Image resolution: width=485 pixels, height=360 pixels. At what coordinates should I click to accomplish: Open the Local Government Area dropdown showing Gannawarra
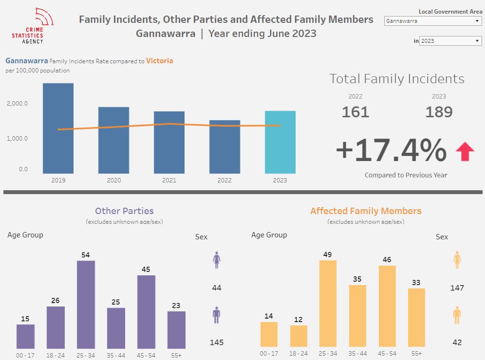click(432, 21)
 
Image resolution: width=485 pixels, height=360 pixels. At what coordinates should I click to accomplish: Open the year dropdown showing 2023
click(450, 41)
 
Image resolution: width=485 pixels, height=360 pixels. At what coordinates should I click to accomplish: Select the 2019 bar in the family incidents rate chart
click(58, 128)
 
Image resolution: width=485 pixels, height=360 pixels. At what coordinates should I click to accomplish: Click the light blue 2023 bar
click(280, 142)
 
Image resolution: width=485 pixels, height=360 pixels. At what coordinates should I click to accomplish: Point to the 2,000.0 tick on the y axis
click(17, 104)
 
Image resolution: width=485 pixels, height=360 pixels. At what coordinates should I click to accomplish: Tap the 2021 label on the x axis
click(169, 180)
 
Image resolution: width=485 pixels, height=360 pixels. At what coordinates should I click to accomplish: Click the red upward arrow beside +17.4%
click(465, 151)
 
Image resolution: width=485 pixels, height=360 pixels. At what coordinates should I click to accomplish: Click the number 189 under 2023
click(439, 112)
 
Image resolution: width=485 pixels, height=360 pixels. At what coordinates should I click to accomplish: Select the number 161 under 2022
click(355, 112)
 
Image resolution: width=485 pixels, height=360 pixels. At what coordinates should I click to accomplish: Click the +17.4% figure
click(391, 150)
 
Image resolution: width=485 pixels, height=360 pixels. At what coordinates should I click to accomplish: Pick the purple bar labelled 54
click(86, 305)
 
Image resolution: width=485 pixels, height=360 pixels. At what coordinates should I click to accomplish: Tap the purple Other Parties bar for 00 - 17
click(25, 336)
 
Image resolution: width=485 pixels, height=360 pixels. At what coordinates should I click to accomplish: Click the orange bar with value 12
click(298, 336)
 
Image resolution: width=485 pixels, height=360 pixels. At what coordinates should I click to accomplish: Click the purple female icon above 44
click(217, 260)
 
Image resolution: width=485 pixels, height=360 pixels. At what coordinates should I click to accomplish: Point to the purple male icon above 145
click(217, 315)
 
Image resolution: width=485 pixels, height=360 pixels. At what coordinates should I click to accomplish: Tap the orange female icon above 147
click(457, 260)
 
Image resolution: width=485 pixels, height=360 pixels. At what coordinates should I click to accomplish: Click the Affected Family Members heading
click(366, 211)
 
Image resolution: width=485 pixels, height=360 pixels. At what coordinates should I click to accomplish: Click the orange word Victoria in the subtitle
click(159, 61)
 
